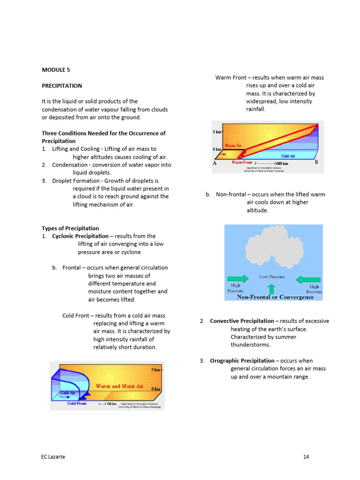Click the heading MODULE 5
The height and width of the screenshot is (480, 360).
click(56, 70)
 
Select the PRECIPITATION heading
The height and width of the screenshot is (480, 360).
click(62, 86)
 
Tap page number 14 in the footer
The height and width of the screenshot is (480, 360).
click(306, 457)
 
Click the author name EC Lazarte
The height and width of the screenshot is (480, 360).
click(53, 457)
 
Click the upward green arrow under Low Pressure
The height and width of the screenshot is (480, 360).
click(270, 288)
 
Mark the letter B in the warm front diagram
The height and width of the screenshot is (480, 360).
click(316, 163)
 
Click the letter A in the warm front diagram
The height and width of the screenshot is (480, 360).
click(215, 163)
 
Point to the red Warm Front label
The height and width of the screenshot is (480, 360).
click(242, 163)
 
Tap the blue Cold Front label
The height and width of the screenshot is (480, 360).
click(77, 403)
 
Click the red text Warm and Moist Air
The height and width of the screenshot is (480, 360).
click(120, 386)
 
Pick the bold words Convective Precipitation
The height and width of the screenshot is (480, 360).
click(242, 321)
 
